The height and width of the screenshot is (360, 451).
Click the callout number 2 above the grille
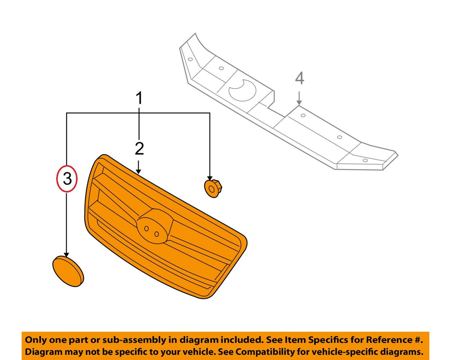139,148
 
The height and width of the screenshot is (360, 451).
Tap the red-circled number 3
67,179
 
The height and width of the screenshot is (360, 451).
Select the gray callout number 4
300,78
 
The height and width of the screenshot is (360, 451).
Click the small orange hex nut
213,188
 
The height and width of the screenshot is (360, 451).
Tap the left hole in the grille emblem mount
147,228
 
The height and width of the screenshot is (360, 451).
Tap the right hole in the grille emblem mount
157,234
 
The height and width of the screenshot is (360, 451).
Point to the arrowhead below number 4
299,102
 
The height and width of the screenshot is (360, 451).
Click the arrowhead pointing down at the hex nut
210,178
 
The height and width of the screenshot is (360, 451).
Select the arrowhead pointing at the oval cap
67,255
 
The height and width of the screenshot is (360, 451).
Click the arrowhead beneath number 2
138,171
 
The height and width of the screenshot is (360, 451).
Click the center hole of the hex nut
212,190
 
